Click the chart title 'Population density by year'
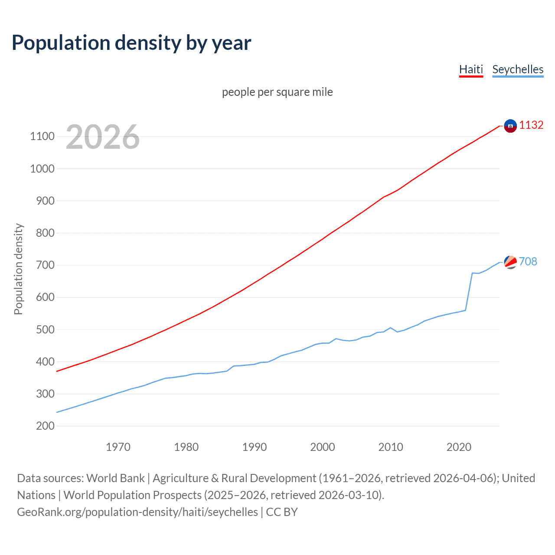(131, 43)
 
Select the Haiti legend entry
(471, 69)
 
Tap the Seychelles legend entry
(518, 69)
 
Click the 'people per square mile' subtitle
(277, 92)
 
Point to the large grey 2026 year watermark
(103, 137)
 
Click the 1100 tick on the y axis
(42, 137)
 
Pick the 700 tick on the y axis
(45, 265)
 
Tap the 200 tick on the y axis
(45, 426)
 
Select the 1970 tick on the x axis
(118, 447)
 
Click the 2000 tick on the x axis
(322, 447)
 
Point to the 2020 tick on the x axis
(459, 447)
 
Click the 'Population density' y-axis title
(18, 269)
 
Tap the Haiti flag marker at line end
(510, 126)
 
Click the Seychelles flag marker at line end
(510, 262)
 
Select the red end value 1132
(531, 125)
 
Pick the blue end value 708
(528, 261)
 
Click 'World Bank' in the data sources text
(115, 478)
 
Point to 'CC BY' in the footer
(282, 512)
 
